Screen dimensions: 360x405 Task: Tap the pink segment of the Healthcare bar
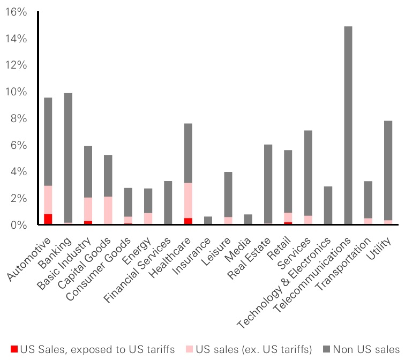coord(187,200)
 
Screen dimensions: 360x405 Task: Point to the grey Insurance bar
coord(208,220)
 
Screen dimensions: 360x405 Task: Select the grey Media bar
coord(248,219)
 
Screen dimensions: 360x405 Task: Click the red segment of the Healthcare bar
coord(187,221)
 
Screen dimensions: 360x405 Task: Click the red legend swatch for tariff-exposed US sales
coord(14,350)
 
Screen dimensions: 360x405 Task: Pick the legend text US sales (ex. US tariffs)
coord(254,350)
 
